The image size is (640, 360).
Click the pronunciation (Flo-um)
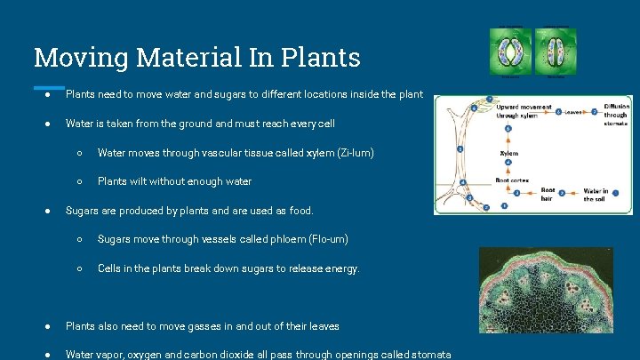point(325,239)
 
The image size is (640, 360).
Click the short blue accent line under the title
point(50,87)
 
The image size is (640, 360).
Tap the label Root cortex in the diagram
point(511,180)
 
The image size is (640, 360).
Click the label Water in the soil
point(596,195)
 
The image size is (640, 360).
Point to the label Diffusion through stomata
point(616,114)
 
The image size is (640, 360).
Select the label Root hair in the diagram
point(548,195)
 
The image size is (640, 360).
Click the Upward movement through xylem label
point(516,110)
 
